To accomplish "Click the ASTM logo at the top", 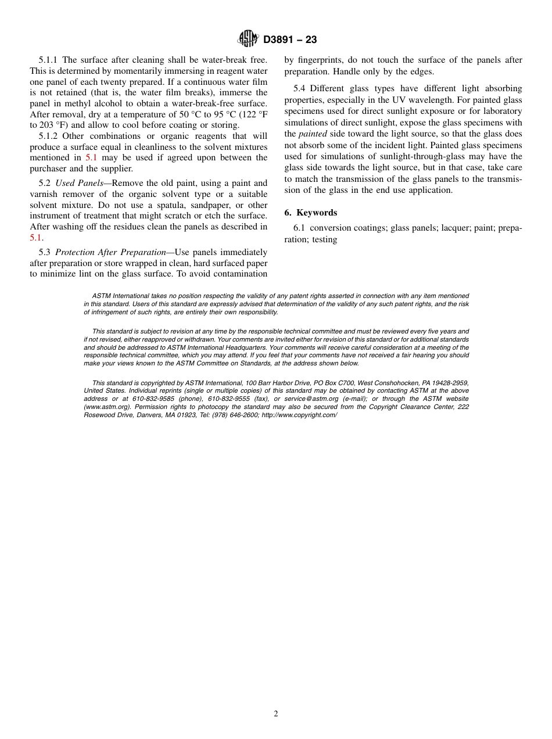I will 249,40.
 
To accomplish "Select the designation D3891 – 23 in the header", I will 290,40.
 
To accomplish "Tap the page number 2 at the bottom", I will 276,714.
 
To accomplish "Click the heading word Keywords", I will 317,213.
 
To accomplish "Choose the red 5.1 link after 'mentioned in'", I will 91,157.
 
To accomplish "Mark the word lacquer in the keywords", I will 444,228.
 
